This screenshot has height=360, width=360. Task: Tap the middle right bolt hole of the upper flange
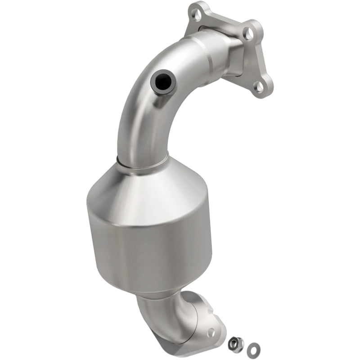[247, 32]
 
